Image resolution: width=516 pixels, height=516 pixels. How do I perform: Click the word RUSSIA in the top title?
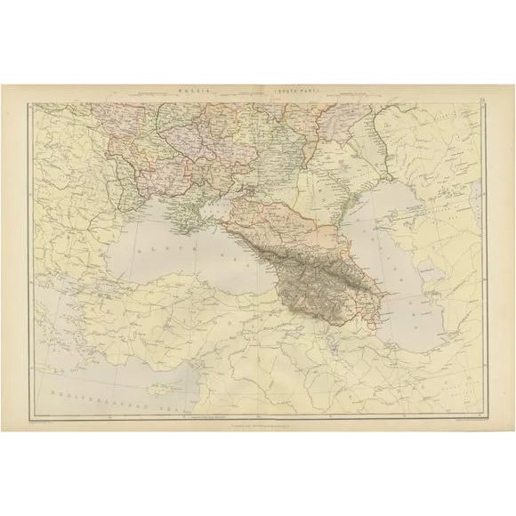tap(193, 91)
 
